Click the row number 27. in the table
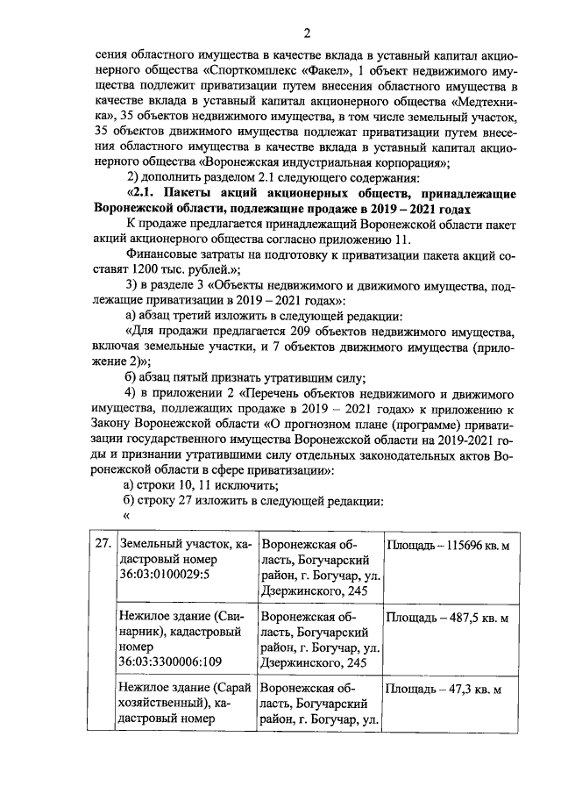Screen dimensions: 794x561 point(103,544)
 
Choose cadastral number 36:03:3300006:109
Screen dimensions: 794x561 point(172,662)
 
